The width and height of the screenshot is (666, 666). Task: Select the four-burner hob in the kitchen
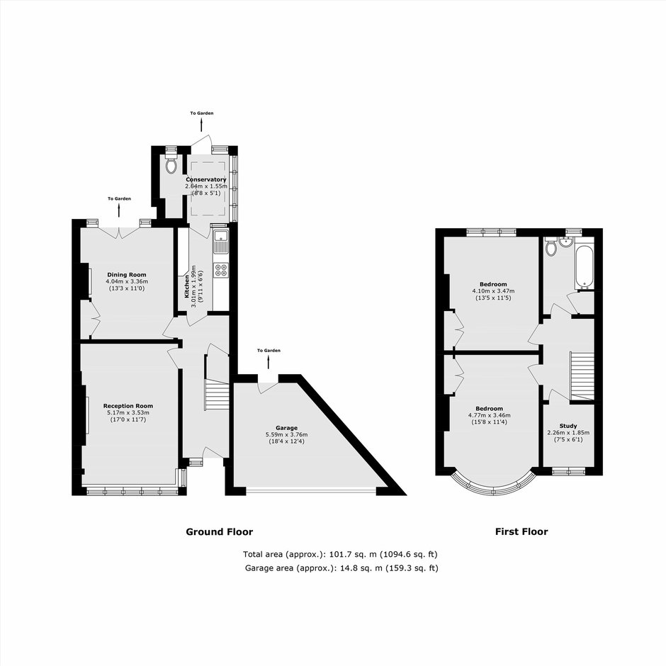221,270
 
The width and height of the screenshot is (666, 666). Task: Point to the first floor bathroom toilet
551,247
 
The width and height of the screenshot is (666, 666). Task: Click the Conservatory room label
206,180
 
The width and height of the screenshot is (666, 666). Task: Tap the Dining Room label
127,275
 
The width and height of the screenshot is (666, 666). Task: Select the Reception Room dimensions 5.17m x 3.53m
128,413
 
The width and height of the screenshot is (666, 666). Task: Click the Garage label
287,428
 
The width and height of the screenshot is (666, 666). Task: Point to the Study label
568,426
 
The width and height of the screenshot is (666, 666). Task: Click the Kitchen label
186,286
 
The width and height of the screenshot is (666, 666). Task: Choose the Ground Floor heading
219,532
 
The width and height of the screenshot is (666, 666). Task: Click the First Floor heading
521,532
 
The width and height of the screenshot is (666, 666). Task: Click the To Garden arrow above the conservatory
201,125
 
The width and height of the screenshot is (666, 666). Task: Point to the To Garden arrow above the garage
269,362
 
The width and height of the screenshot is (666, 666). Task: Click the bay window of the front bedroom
492,487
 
